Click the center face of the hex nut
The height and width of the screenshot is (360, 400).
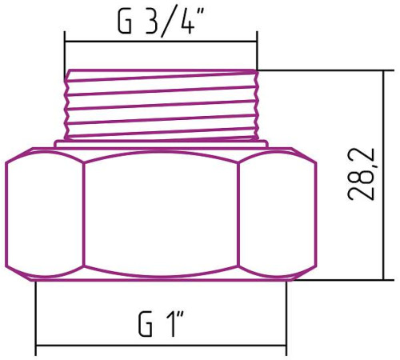(161, 214)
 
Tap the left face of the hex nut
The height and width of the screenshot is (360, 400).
(46, 214)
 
